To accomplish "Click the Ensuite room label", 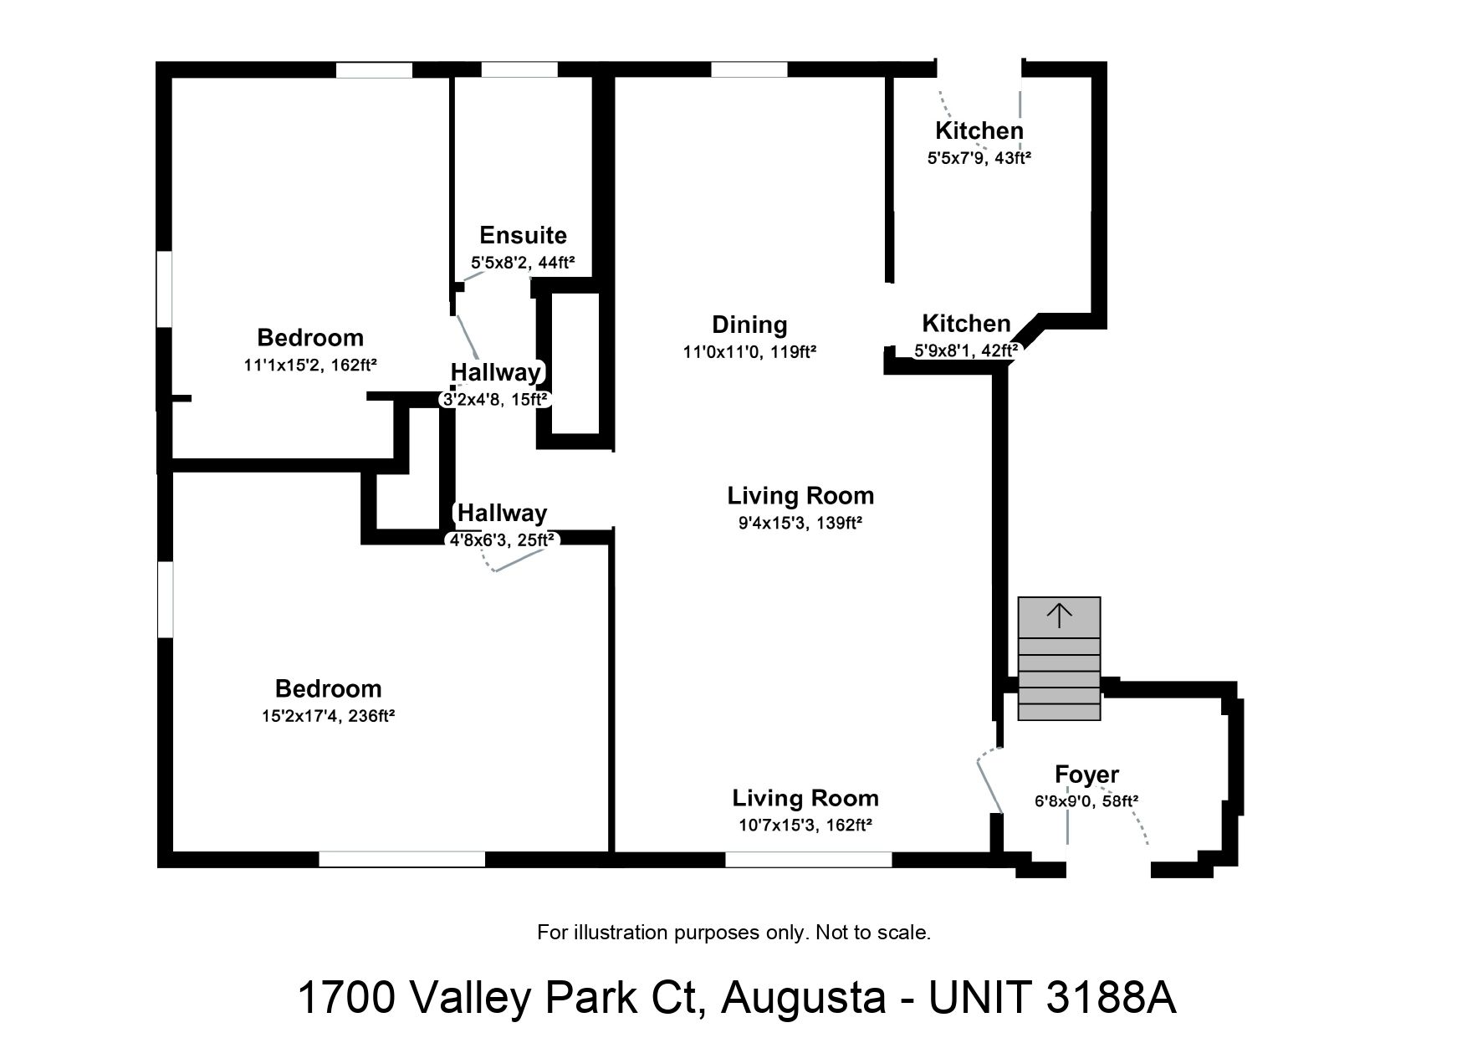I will pos(523,235).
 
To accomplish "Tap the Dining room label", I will pos(749,325).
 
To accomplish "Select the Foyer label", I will pos(1086,775).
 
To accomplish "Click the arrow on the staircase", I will pos(1059,616).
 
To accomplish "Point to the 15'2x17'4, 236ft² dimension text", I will pos(328,716).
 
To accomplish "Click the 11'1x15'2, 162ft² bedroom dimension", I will pos(310,365).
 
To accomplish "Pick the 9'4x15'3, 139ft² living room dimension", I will pos(800,523).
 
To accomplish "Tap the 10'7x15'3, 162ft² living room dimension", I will pos(805,826).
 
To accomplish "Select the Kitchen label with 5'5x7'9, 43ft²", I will pos(979,130).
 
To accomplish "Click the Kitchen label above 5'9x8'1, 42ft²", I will pos(966,324).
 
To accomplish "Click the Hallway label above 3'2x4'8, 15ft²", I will pos(496,372).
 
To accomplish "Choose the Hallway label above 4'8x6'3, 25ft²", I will pos(502,513).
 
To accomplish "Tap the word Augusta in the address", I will pos(803,997).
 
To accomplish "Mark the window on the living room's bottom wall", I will pos(808,859).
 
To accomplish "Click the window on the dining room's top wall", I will pos(749,70).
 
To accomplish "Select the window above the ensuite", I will pos(519,70).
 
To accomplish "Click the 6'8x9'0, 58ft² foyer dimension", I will pos(1086,801).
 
